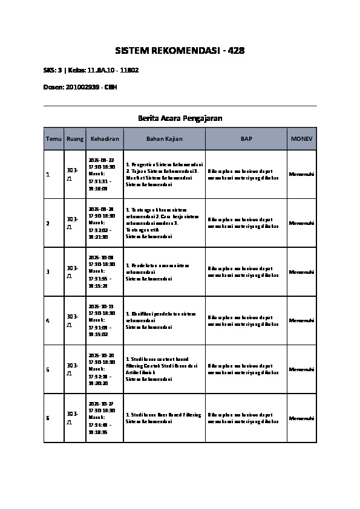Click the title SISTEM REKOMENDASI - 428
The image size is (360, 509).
tap(180, 51)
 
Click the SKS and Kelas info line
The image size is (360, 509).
tap(91, 70)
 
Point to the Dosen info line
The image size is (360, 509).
tap(80, 87)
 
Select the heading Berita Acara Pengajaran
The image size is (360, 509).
tap(180, 118)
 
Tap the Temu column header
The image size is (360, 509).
tap(54, 139)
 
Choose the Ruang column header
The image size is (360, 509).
tap(75, 139)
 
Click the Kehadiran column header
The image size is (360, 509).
tap(105, 139)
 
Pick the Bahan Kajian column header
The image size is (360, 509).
tap(164, 139)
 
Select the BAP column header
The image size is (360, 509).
tap(246, 139)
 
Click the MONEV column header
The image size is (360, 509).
tap(301, 139)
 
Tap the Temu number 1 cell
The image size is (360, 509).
tap(48, 175)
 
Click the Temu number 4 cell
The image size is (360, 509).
tap(48, 320)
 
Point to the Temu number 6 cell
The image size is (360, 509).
tap(48, 418)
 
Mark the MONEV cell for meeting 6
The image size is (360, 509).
tap(301, 418)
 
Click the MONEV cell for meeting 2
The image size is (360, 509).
tap(301, 223)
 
